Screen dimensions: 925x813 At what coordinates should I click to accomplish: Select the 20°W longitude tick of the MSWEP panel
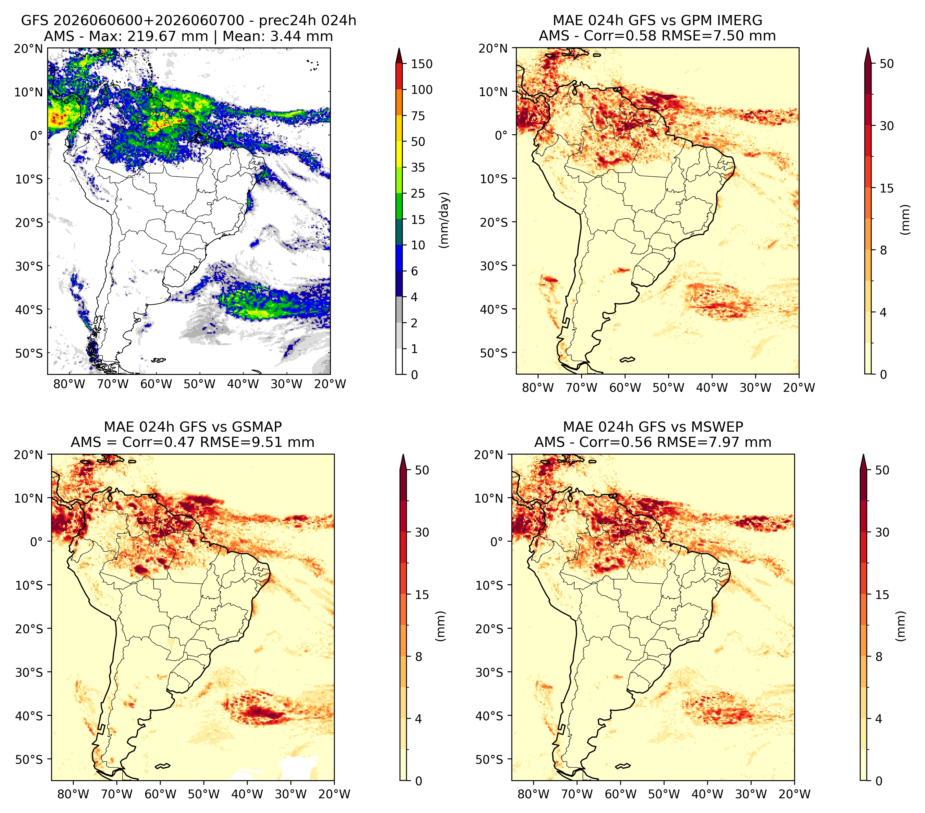794,793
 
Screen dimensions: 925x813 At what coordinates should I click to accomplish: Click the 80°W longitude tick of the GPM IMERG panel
538,388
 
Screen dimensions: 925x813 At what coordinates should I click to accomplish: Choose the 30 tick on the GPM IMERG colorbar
887,126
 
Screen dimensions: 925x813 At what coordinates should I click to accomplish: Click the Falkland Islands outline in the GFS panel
158,360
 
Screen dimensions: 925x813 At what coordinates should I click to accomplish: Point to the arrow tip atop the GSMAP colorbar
403,455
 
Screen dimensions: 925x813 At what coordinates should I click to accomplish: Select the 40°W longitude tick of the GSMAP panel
247,793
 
